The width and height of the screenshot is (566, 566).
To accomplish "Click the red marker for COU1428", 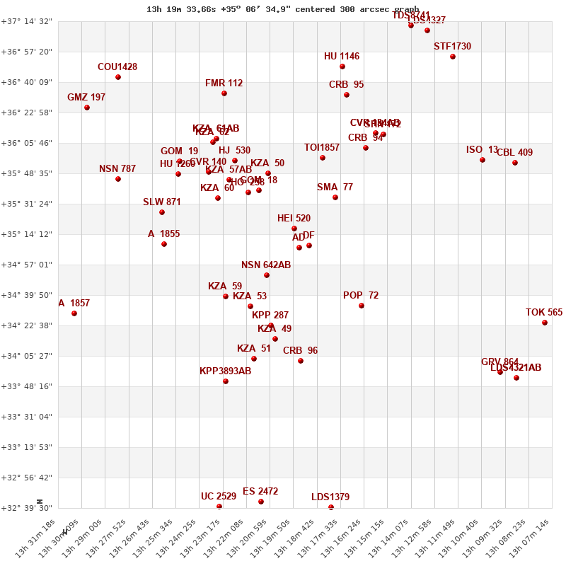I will [x=118, y=77].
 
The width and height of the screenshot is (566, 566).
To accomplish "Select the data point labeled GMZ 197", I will [x=87, y=108].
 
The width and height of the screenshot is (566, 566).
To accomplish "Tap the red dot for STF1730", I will [x=453, y=57].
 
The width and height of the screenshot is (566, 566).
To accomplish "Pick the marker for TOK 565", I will [x=545, y=323].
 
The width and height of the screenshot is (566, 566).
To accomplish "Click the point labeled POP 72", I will [x=362, y=306].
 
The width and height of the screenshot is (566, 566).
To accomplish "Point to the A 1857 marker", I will [x=74, y=313].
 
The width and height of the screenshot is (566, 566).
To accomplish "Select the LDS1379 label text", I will [x=330, y=497].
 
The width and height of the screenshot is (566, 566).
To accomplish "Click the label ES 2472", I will [x=260, y=492].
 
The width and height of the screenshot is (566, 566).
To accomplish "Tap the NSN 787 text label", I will [x=117, y=169].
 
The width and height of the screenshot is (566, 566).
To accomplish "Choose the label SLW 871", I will [x=162, y=202].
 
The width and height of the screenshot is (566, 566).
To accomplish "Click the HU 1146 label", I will [x=342, y=57].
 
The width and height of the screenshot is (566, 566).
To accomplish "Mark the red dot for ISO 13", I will [x=483, y=160].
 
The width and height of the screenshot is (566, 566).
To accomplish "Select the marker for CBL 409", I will [x=515, y=163].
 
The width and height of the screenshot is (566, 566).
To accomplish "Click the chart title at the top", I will [x=282, y=9].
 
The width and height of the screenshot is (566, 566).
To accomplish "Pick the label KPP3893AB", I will [x=226, y=371].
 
